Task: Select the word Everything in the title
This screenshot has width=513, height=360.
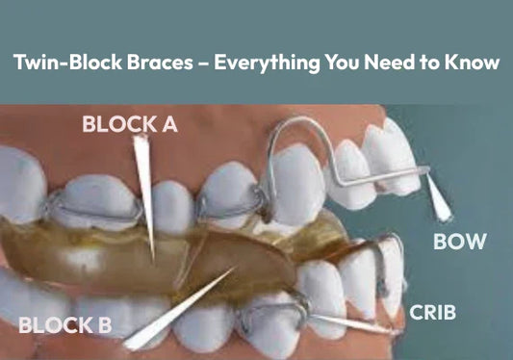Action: (267, 64)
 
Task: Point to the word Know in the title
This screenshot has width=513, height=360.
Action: (475, 64)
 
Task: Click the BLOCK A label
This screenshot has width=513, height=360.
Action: (130, 123)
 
